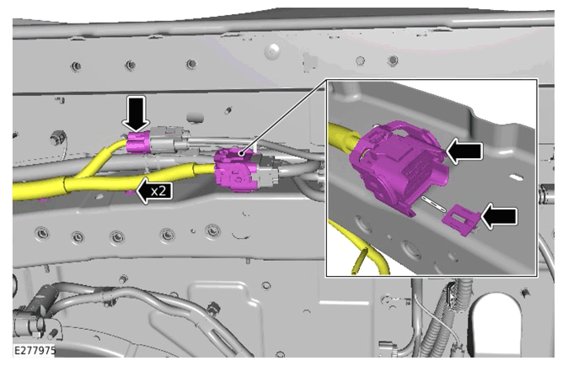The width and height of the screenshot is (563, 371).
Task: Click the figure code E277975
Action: pos(35,350)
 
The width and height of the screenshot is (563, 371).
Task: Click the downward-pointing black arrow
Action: pos(136,114)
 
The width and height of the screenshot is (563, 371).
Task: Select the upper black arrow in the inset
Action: pos(464,151)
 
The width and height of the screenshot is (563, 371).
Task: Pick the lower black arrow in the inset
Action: pos(499,216)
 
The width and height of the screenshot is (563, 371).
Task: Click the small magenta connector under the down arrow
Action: pos(139,143)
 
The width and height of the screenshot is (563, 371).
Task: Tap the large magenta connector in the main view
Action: pos(235,170)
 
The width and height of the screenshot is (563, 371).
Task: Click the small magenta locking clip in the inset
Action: pos(461,220)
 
